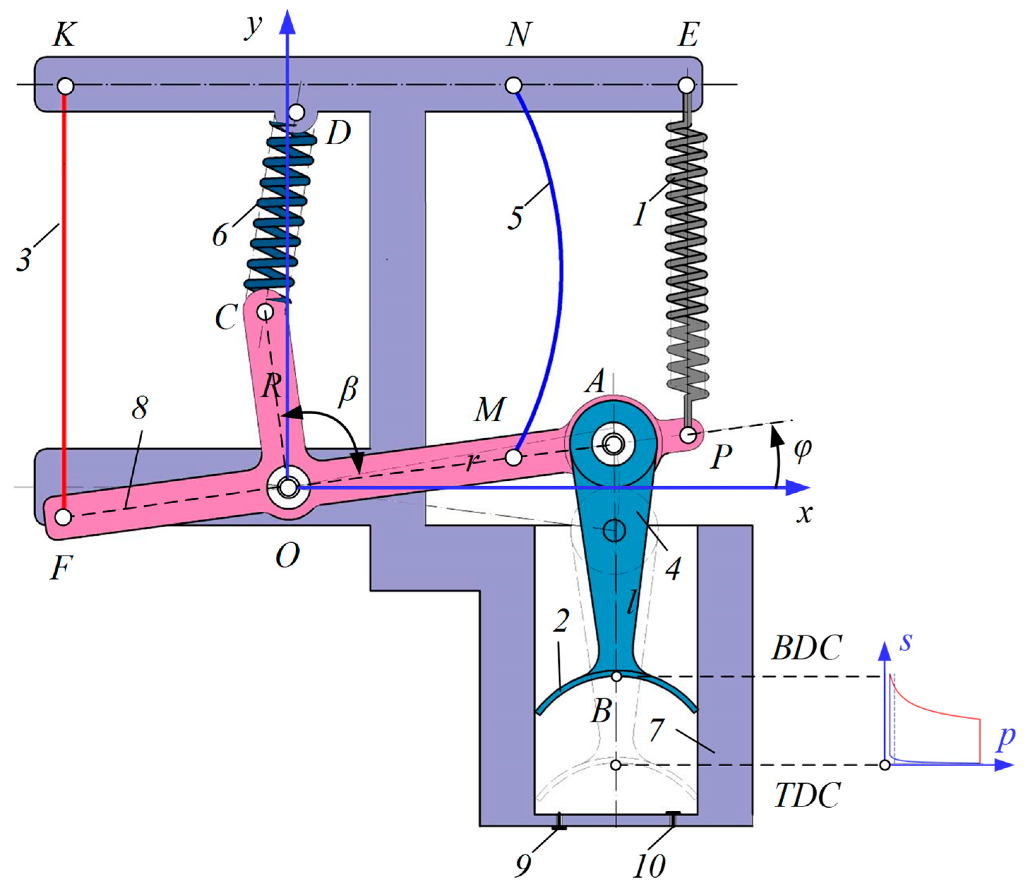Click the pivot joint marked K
pos(65,86)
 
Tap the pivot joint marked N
pos(513,85)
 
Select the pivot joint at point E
pos(686,85)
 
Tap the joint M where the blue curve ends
pos(513,457)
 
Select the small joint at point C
pos(265,312)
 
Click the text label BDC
pos(806,648)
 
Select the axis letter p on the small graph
pos(1006,738)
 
